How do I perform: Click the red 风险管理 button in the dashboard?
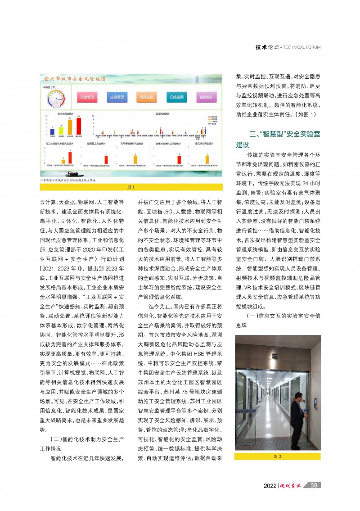pos(87,97)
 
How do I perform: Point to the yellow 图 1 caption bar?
pos(131,187)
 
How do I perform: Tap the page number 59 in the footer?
pos(315,485)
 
